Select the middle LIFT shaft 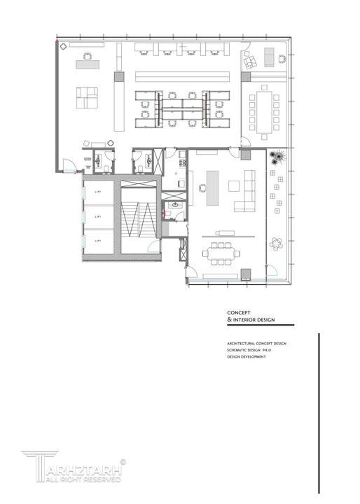98,217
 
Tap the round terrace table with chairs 277,243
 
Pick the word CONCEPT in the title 240,313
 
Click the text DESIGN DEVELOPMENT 246,356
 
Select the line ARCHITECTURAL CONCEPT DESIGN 256,344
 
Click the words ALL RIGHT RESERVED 77,480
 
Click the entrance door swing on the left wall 68,166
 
